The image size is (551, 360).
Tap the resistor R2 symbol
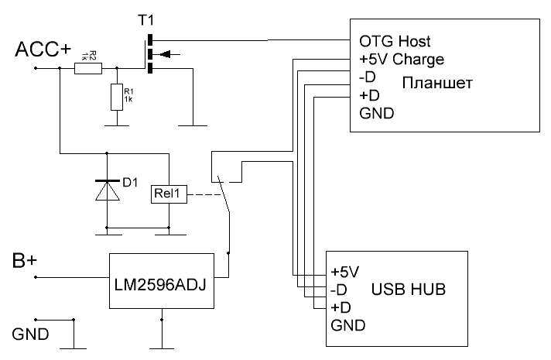pos(88,68)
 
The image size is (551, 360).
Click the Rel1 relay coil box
pos(169,195)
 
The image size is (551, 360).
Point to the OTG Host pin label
pos(395,40)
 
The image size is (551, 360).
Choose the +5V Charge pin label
pos(401,59)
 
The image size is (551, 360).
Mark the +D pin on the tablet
pos(369,95)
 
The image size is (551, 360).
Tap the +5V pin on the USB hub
pos(344,273)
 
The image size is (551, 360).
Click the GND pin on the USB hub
pos(347,325)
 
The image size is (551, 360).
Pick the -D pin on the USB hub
pos(340,290)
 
